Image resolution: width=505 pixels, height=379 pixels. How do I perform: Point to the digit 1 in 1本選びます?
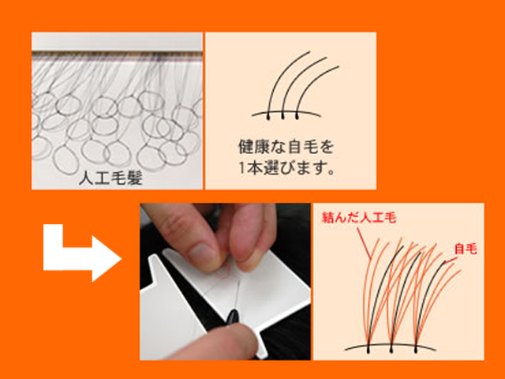[242, 167]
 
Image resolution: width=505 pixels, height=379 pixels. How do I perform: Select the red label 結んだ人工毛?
[358, 216]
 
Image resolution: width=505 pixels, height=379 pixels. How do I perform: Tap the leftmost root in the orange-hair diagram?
[368, 348]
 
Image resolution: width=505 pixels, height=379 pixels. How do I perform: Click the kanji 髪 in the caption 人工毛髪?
[135, 178]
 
